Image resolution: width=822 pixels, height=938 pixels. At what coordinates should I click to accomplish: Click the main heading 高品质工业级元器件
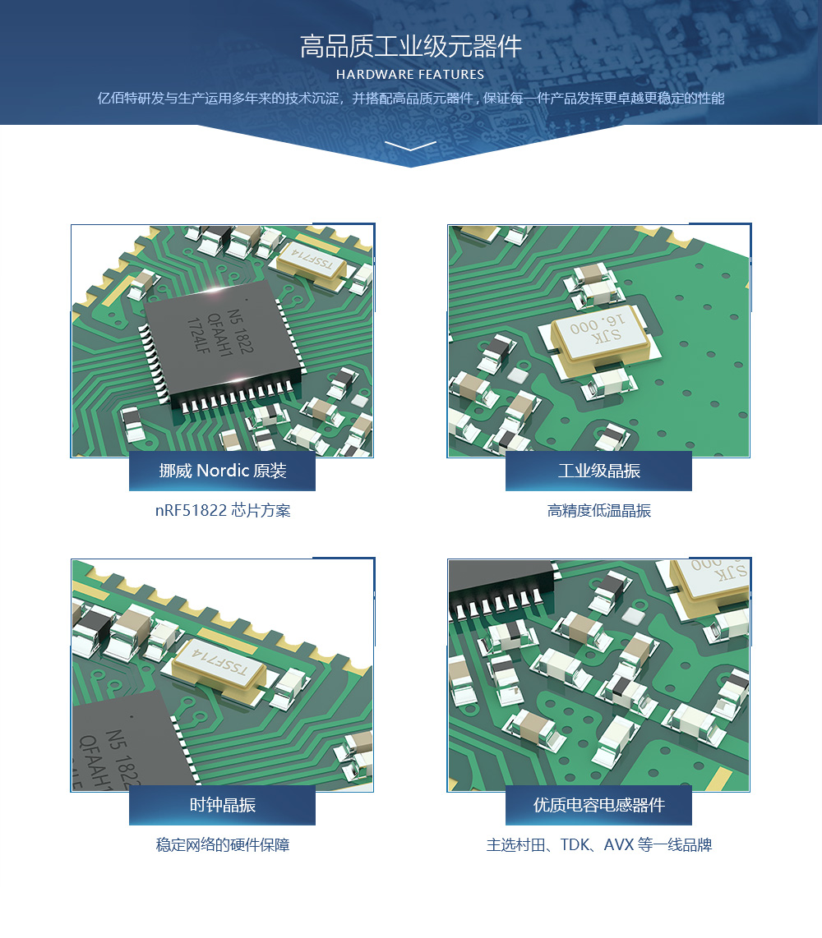[411, 46]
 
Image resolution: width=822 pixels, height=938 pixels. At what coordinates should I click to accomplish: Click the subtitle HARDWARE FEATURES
[410, 75]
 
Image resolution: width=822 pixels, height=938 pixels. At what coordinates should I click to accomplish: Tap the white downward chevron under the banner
[411, 145]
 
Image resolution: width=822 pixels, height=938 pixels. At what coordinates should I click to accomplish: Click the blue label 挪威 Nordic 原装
[222, 471]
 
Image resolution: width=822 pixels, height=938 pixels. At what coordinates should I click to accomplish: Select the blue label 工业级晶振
[598, 471]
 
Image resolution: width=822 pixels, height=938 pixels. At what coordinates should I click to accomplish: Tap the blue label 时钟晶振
[222, 805]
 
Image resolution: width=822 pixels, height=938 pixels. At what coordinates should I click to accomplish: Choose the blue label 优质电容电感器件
[598, 805]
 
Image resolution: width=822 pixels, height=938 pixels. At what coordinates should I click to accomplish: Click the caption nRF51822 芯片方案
[223, 510]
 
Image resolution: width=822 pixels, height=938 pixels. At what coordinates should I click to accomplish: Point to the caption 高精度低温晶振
[598, 510]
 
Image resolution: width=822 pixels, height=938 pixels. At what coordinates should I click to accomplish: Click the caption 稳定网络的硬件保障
[223, 844]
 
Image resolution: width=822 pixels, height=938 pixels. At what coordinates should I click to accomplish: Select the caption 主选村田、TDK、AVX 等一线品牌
[598, 844]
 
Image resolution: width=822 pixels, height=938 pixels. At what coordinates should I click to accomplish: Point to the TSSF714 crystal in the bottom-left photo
[219, 666]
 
